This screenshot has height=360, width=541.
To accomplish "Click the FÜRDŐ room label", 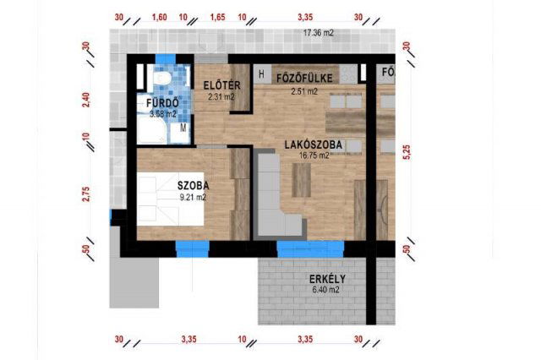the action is coord(162,103).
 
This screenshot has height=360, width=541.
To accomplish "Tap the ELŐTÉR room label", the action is coord(221,85).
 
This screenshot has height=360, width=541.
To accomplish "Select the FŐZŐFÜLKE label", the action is coord(304,79).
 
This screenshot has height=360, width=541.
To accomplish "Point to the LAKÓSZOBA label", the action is coord(314,145).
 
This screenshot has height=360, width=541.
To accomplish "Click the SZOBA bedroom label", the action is coord(194,186).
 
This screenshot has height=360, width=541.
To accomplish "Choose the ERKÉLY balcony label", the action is coord(327,279).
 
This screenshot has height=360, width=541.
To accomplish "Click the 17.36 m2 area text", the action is coord(319,33).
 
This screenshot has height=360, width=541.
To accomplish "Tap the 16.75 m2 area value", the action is coord(314,155).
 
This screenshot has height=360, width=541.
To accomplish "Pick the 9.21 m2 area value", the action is coord(194,197).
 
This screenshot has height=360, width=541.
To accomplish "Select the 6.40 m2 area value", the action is coord(325,290).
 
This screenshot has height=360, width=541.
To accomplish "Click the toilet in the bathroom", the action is coord(161,77).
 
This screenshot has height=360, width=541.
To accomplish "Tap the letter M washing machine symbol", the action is coord(183,128).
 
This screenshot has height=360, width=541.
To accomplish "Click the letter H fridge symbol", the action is coord(261,74).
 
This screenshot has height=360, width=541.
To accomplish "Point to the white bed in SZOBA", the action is coord(170,199).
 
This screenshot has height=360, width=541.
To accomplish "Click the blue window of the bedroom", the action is coord(193,248).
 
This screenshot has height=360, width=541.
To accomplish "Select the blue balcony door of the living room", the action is coord(310,248).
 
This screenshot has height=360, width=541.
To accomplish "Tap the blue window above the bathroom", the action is coord(166,59).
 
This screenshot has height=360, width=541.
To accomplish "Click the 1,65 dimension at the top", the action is coord(218,17).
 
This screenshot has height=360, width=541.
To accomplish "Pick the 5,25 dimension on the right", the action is coord(407,152).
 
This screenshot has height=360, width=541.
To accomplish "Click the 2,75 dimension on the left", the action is coord(86,194).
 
